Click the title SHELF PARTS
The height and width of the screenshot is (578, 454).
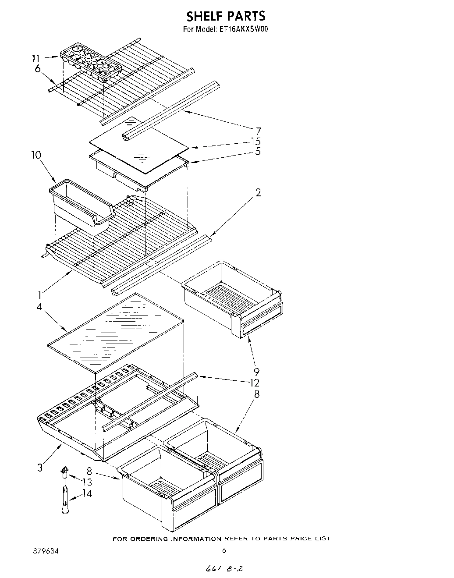point(226,16)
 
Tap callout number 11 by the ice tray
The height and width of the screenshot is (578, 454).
point(36,58)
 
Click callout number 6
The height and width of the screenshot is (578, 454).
point(37,68)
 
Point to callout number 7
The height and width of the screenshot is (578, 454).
point(259,131)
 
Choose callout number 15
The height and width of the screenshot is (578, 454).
point(256,141)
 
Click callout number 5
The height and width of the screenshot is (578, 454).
point(259,151)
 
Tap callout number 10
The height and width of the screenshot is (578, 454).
point(36,154)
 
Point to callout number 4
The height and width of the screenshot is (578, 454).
point(39,307)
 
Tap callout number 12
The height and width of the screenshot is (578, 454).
point(255,383)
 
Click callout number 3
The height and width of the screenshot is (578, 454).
point(40,468)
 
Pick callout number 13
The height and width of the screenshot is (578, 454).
point(88,482)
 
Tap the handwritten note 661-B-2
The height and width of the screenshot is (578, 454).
point(224,568)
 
